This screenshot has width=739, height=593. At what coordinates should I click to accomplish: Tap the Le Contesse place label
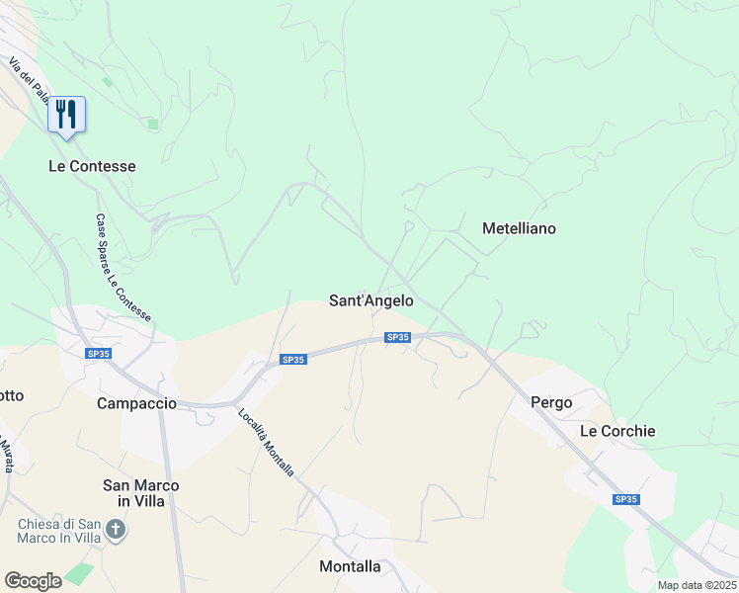92,166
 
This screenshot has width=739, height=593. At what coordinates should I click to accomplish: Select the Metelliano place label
519,228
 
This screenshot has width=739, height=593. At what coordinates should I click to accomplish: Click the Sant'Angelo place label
370,300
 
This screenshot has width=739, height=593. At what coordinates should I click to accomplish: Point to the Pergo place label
551,402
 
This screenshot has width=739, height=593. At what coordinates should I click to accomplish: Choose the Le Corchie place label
617,431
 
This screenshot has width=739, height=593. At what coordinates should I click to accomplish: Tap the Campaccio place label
136,403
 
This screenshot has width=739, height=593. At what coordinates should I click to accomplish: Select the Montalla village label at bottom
350,566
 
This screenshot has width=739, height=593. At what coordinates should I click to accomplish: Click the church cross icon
117,531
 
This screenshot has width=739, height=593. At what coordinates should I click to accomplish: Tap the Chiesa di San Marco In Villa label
59,531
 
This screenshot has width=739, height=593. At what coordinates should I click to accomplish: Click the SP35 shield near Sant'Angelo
397,337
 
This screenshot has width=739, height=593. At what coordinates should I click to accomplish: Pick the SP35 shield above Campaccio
98,354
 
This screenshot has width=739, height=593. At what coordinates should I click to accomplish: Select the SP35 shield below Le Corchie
624,499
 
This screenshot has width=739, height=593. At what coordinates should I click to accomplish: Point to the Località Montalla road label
267,443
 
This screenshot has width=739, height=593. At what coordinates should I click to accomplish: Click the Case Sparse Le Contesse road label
123,268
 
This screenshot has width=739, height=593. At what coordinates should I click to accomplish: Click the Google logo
33,580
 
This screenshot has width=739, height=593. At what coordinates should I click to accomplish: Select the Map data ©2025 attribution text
697,585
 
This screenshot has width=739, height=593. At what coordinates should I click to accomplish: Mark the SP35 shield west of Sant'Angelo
293,360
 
